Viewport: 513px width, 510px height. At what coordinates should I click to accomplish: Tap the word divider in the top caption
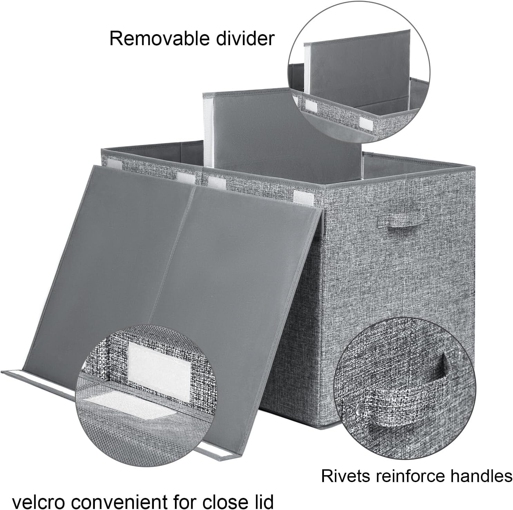pos(245,38)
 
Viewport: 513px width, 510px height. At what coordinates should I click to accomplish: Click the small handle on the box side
pos(406,220)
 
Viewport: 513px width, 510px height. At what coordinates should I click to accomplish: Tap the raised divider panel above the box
pos(283,131)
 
